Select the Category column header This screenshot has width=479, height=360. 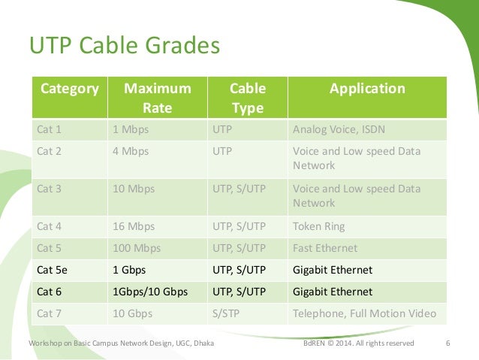click(x=70, y=89)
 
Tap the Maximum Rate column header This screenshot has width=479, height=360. click(x=157, y=98)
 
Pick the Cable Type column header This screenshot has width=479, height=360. click(x=247, y=98)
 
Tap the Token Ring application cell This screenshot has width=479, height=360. click(x=319, y=225)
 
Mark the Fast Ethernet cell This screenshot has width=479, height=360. click(x=325, y=247)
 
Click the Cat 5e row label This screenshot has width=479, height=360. click(x=52, y=269)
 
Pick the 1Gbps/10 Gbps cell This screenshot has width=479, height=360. click(x=149, y=291)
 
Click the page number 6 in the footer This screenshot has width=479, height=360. click(x=447, y=343)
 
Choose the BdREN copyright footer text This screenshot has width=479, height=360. click(x=358, y=343)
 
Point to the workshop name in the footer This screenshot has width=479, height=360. click(x=121, y=343)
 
